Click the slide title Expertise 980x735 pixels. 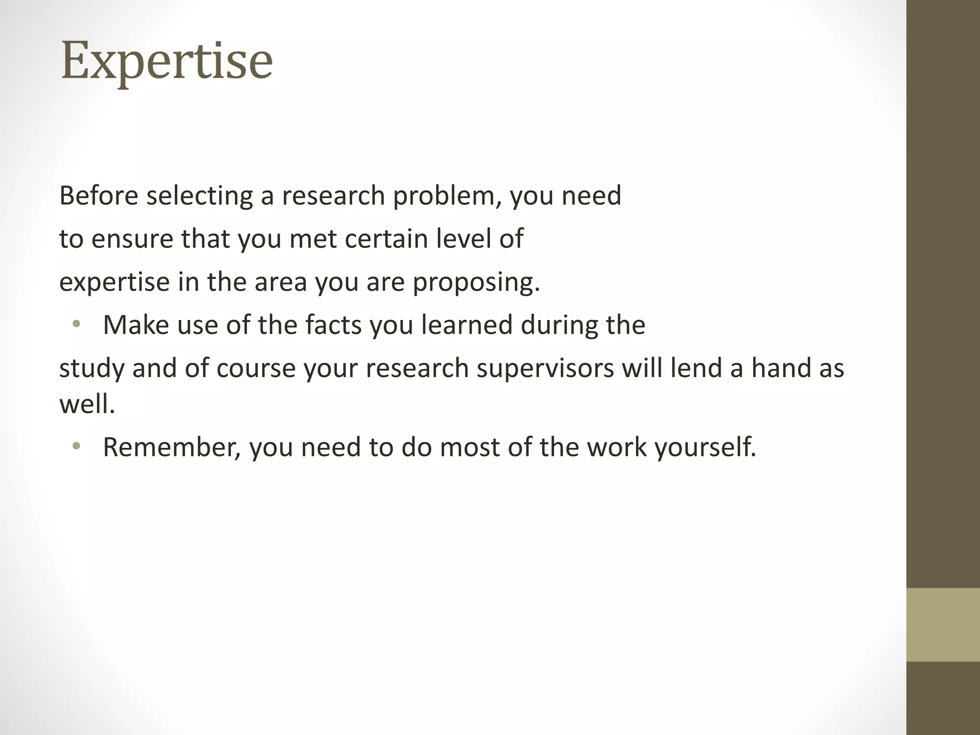point(167,62)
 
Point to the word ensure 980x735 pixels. point(132,239)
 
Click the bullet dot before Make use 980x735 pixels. point(76,325)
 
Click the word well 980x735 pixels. point(87,404)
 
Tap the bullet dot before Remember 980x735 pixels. point(76,447)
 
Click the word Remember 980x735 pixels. point(171,447)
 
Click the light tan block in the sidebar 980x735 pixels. point(943,625)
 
